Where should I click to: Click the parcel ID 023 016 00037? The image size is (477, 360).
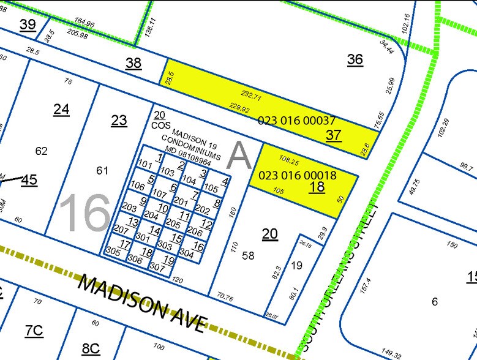click(x=296, y=121)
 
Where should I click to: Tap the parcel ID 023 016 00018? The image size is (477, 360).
click(x=298, y=175)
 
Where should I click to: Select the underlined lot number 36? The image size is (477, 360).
click(x=355, y=59)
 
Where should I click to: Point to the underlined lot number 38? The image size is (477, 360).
click(x=133, y=62)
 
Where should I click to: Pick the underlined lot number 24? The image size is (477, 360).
click(x=61, y=110)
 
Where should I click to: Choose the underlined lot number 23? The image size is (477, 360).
click(x=119, y=120)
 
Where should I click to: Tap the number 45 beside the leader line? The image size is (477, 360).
click(x=29, y=180)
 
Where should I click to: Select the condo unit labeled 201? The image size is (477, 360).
click(x=181, y=200)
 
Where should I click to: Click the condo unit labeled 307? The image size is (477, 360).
click(x=157, y=267)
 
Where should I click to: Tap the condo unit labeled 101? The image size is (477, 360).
click(x=145, y=164)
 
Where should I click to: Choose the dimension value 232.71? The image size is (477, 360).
click(x=252, y=97)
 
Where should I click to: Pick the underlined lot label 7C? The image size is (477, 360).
click(x=34, y=331)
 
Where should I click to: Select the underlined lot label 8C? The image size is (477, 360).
click(x=90, y=348)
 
